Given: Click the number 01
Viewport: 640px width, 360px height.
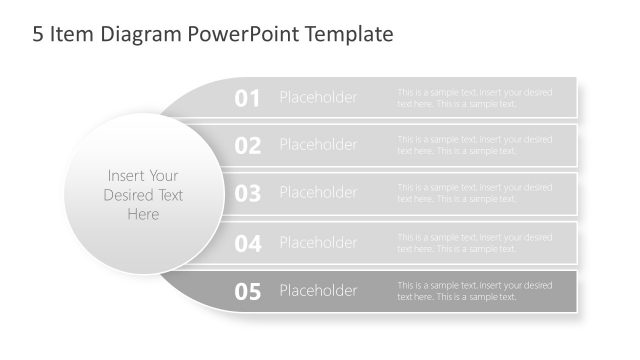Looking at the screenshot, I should (247, 98).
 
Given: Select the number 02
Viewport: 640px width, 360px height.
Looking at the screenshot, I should (247, 146).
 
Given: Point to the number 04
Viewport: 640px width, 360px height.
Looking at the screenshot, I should (247, 243).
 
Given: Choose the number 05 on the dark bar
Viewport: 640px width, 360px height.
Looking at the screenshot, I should (247, 292).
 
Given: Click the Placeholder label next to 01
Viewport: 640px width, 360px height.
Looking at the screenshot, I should (318, 97).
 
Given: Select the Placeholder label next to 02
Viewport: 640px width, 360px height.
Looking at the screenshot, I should (318, 145).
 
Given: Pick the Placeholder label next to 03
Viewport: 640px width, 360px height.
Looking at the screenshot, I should (318, 193).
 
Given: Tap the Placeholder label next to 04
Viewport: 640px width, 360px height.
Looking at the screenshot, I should (318, 242).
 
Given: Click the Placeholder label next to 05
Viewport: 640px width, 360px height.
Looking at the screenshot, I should (318, 291).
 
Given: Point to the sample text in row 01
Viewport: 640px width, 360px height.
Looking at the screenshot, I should (474, 98).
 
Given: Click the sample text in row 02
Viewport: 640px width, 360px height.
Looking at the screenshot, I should (474, 145).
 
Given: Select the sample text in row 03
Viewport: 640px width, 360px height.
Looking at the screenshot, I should (474, 193).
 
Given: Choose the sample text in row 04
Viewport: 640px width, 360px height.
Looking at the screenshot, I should (474, 243).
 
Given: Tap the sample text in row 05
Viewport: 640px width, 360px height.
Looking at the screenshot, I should (474, 291).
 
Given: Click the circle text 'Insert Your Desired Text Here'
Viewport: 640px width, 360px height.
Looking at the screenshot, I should (143, 195).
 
